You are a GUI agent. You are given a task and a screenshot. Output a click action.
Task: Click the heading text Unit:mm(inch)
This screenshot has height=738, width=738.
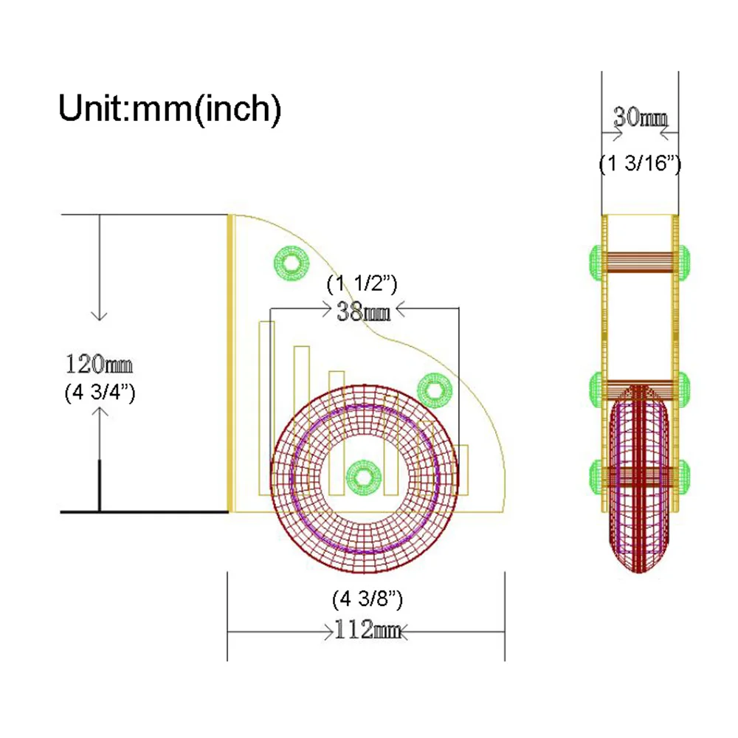point(170,109)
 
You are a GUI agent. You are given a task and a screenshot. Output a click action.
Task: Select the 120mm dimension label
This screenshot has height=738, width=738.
point(99,365)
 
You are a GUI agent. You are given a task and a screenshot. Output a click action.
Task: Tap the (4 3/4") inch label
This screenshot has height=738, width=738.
point(100,393)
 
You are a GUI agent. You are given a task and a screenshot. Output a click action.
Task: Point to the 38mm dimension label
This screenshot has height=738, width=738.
point(363,311)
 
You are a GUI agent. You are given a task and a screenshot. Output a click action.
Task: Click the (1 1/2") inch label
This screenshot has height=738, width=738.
point(362,284)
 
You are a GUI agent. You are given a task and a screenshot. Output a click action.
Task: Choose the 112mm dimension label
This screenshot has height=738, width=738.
point(367,629)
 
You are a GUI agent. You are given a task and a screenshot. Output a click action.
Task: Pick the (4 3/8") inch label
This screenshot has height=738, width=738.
point(368,599)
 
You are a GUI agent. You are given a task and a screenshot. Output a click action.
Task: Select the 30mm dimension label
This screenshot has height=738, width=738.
point(640,117)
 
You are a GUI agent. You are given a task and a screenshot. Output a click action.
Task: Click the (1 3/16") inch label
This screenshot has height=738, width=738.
point(640,164)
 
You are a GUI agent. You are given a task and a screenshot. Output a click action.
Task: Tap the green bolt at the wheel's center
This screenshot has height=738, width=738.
point(363,477)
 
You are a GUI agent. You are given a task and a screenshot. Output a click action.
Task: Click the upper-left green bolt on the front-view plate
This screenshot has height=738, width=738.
point(292,263)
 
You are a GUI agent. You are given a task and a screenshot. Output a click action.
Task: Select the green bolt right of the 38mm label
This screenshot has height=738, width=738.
point(435,390)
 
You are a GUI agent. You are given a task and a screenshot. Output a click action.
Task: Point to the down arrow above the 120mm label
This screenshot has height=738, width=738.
point(100,267)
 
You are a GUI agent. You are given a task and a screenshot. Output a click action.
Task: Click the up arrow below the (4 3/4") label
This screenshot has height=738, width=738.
point(100,459)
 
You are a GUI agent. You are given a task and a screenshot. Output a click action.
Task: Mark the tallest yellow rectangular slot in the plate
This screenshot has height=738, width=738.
point(266,409)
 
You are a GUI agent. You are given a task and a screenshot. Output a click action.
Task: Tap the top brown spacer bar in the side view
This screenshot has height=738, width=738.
point(640,262)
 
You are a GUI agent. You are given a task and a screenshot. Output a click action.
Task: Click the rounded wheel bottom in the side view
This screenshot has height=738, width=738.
point(639,560)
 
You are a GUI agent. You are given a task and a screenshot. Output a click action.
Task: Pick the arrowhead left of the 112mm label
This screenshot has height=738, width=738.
point(329,632)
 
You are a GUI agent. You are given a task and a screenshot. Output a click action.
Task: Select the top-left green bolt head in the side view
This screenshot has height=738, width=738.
point(596,263)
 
